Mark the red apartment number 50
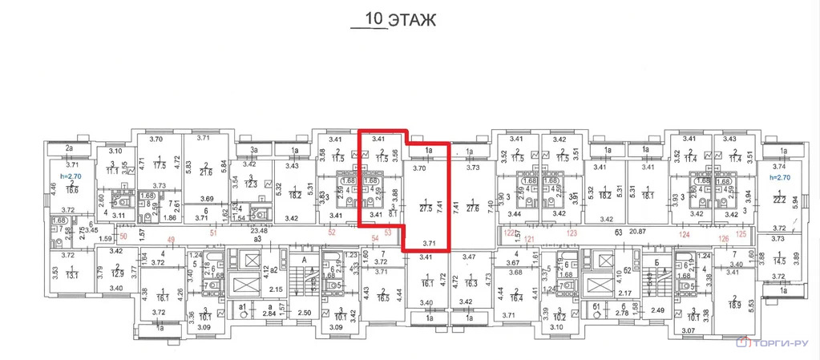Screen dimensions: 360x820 [123, 237]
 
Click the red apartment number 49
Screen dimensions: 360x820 [170, 239]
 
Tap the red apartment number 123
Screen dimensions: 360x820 [572, 233]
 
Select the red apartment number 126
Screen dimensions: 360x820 [723, 238]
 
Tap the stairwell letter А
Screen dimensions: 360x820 [304, 261]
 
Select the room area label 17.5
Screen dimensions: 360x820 [160, 166]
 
